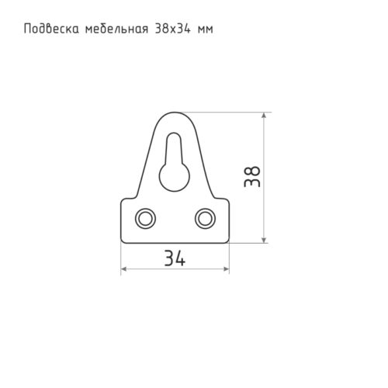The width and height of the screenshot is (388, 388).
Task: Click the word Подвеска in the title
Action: click(x=50, y=29)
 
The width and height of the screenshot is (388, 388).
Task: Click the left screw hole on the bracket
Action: click(x=145, y=218)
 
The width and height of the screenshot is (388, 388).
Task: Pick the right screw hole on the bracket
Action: click(x=205, y=218)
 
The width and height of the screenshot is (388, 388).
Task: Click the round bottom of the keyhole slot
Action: click(x=175, y=175)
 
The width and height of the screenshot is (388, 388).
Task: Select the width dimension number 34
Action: click(x=175, y=258)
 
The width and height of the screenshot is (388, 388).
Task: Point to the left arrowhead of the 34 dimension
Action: click(x=124, y=269)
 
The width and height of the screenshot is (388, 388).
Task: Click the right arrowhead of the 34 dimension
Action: click(x=226, y=269)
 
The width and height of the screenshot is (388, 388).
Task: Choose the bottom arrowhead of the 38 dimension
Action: click(x=265, y=239)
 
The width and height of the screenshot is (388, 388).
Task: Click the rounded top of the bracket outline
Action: click(x=175, y=113)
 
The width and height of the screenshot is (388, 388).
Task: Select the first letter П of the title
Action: click(x=29, y=29)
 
